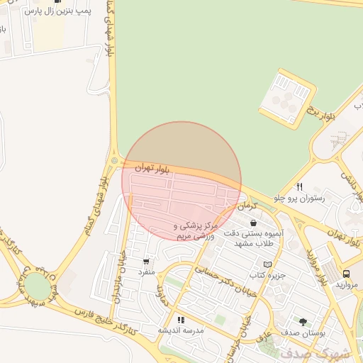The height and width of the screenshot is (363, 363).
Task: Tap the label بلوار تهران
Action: click(152, 167)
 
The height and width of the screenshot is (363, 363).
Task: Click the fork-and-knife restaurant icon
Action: click(300, 186)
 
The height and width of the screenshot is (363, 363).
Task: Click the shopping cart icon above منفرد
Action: click(146, 261)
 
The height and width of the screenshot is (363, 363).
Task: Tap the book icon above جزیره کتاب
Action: click(267, 264)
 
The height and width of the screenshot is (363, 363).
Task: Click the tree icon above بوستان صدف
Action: click(303, 322)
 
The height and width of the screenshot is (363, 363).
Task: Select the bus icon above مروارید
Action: click(346, 274)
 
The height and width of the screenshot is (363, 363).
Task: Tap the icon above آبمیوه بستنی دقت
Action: click(253, 223)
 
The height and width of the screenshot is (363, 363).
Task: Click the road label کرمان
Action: click(246, 205)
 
